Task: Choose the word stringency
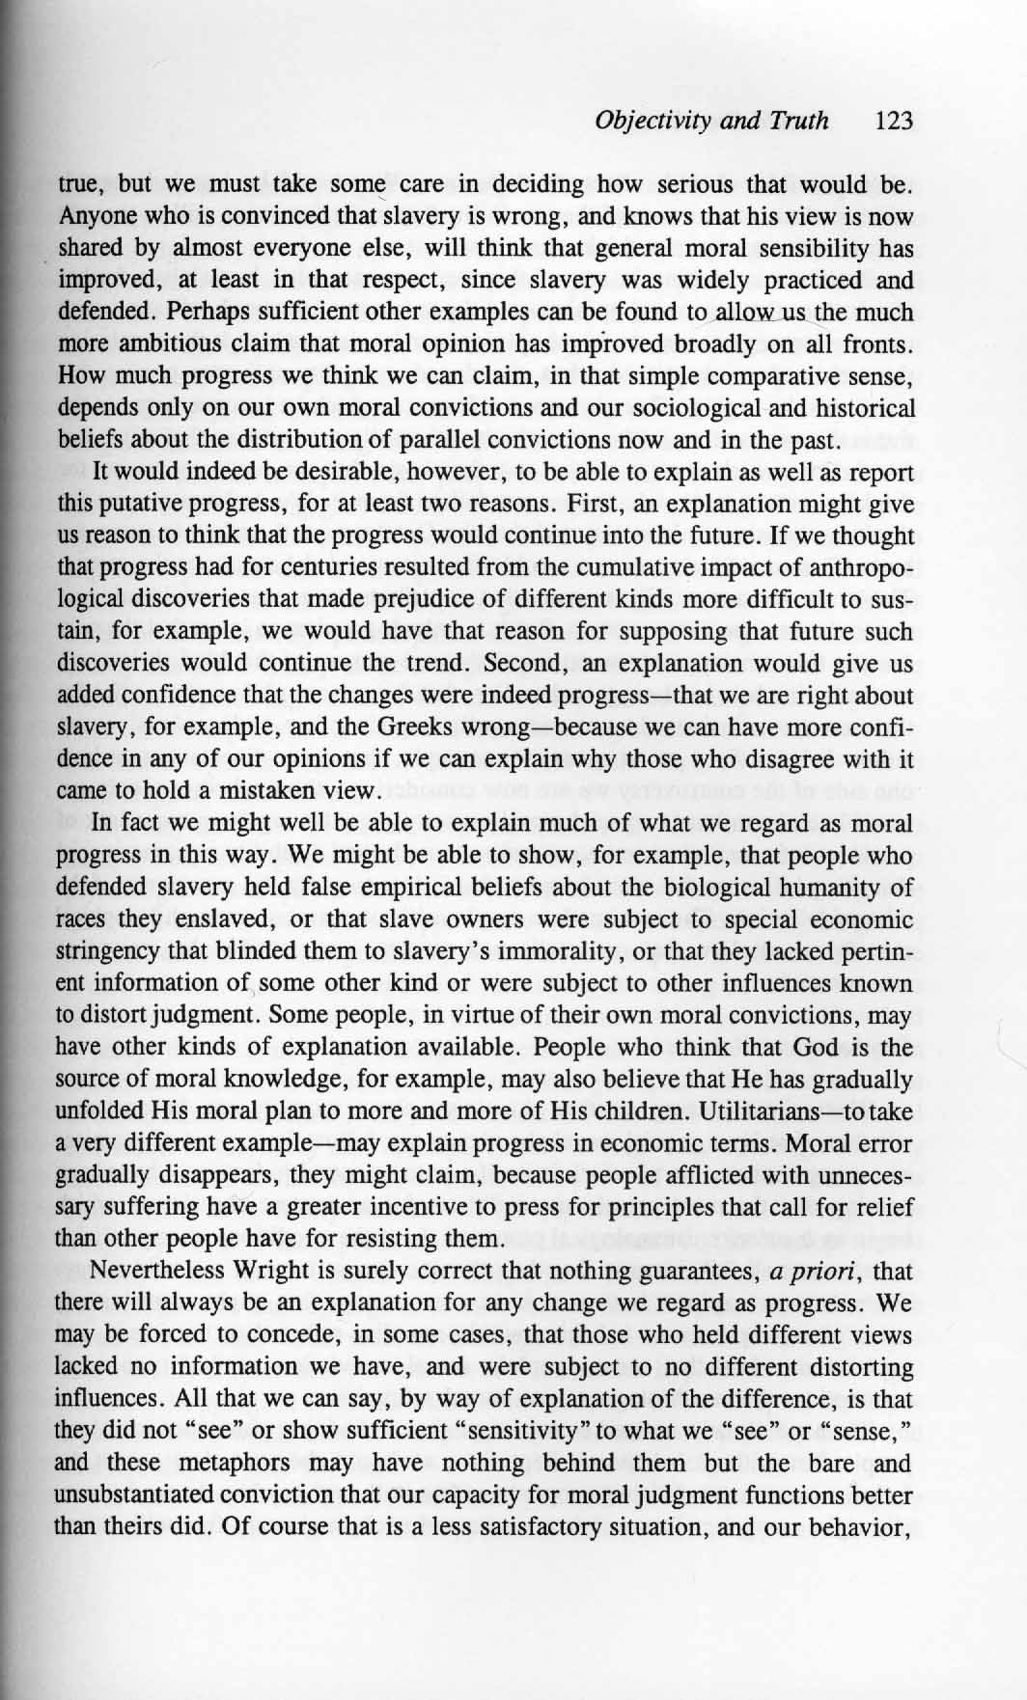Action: point(109,950)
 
